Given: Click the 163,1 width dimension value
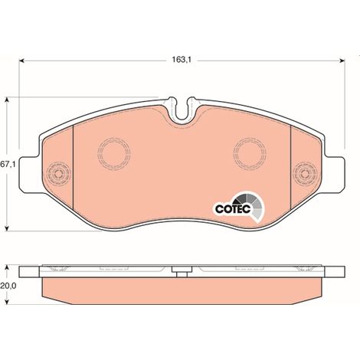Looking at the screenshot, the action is point(182,60).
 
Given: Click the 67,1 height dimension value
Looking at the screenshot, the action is point(8,165).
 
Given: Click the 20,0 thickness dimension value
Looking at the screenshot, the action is point(8,286).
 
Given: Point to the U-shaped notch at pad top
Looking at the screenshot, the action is point(182,110).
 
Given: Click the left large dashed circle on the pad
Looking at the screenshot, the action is point(114,154).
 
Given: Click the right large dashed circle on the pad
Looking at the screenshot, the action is point(250,154).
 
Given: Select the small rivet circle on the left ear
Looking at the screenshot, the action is point(58,174).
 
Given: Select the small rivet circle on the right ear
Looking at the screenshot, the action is point(305,174).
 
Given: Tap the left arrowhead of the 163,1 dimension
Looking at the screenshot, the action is point(21,61).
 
